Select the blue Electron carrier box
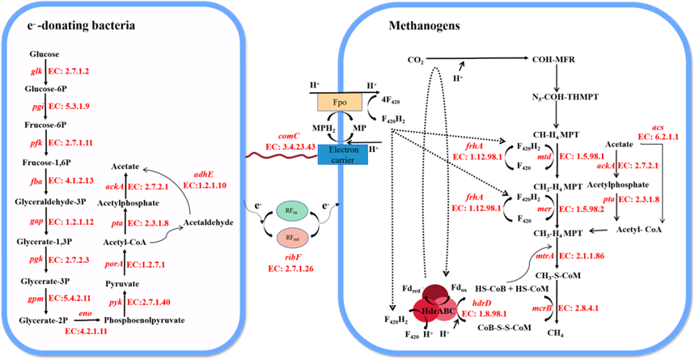[x=342, y=155]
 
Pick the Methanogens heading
[x=424, y=27]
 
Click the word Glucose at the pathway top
[x=44, y=54]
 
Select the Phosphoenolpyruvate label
[x=144, y=320]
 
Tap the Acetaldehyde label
[x=208, y=222]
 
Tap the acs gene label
[x=659, y=129]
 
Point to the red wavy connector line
[x=282, y=156]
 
